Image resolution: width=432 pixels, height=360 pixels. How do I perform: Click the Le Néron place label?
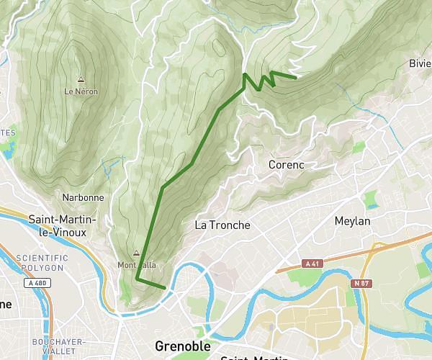(80, 91)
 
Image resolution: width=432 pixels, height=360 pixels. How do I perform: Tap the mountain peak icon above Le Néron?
(80, 79)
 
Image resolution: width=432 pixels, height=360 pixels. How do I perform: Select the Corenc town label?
(286, 165)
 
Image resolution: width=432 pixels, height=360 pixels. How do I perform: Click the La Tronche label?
(222, 225)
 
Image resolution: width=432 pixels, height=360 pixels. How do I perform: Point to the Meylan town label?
(352, 221)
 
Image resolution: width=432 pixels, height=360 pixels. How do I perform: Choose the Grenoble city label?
(183, 346)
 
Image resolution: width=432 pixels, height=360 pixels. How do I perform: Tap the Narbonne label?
(83, 197)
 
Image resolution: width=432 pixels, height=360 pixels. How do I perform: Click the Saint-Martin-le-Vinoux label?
(57, 225)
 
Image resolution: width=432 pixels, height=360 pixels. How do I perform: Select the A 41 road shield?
(312, 264)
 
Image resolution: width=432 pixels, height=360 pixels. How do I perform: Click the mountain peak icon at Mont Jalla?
(136, 253)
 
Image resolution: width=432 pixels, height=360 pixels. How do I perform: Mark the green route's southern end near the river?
(166, 288)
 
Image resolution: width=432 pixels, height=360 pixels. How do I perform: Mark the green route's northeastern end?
(297, 76)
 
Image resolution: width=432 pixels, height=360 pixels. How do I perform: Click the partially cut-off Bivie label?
(420, 63)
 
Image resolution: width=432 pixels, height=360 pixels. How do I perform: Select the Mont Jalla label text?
(136, 265)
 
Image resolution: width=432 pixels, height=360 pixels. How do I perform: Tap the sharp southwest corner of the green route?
(137, 279)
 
